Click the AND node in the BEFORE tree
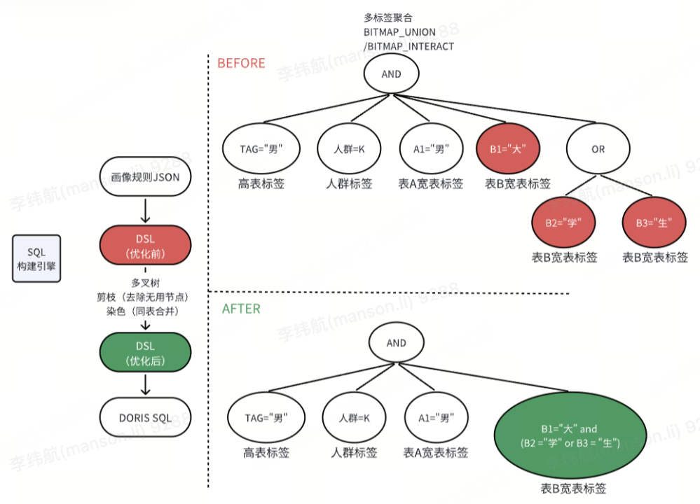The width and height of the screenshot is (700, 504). [391, 74]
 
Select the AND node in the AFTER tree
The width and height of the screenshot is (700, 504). [396, 343]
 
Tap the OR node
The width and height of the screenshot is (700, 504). [598, 149]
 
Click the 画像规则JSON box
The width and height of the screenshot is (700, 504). [145, 178]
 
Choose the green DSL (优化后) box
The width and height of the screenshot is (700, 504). [145, 353]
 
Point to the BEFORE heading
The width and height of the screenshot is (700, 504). [241, 63]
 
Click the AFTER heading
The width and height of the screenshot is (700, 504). [240, 308]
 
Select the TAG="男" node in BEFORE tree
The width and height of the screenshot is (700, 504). [261, 149]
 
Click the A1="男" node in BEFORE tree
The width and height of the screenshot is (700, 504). [431, 149]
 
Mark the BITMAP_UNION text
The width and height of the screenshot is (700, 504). [399, 32]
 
